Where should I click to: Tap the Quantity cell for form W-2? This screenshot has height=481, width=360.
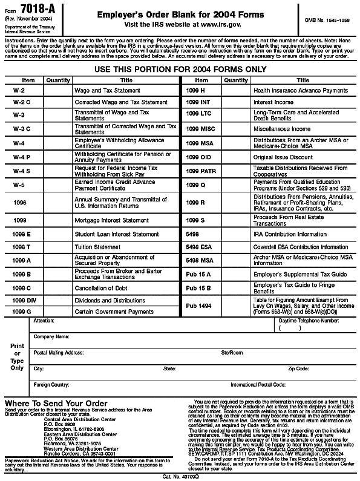(58, 90)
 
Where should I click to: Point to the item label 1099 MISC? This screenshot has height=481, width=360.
(200, 129)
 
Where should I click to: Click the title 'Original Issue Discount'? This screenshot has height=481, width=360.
(283, 157)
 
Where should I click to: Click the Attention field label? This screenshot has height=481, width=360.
(44, 320)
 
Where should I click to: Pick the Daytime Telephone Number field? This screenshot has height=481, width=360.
(309, 327)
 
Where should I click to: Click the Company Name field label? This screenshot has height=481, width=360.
(51, 336)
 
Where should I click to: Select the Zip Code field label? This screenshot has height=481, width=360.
(298, 368)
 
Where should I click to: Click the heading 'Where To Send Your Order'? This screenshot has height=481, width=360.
(56, 403)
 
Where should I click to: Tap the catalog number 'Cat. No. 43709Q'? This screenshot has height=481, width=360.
(181, 476)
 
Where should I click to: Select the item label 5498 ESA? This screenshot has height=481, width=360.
(200, 247)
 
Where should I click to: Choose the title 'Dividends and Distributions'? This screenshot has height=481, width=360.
(110, 300)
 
